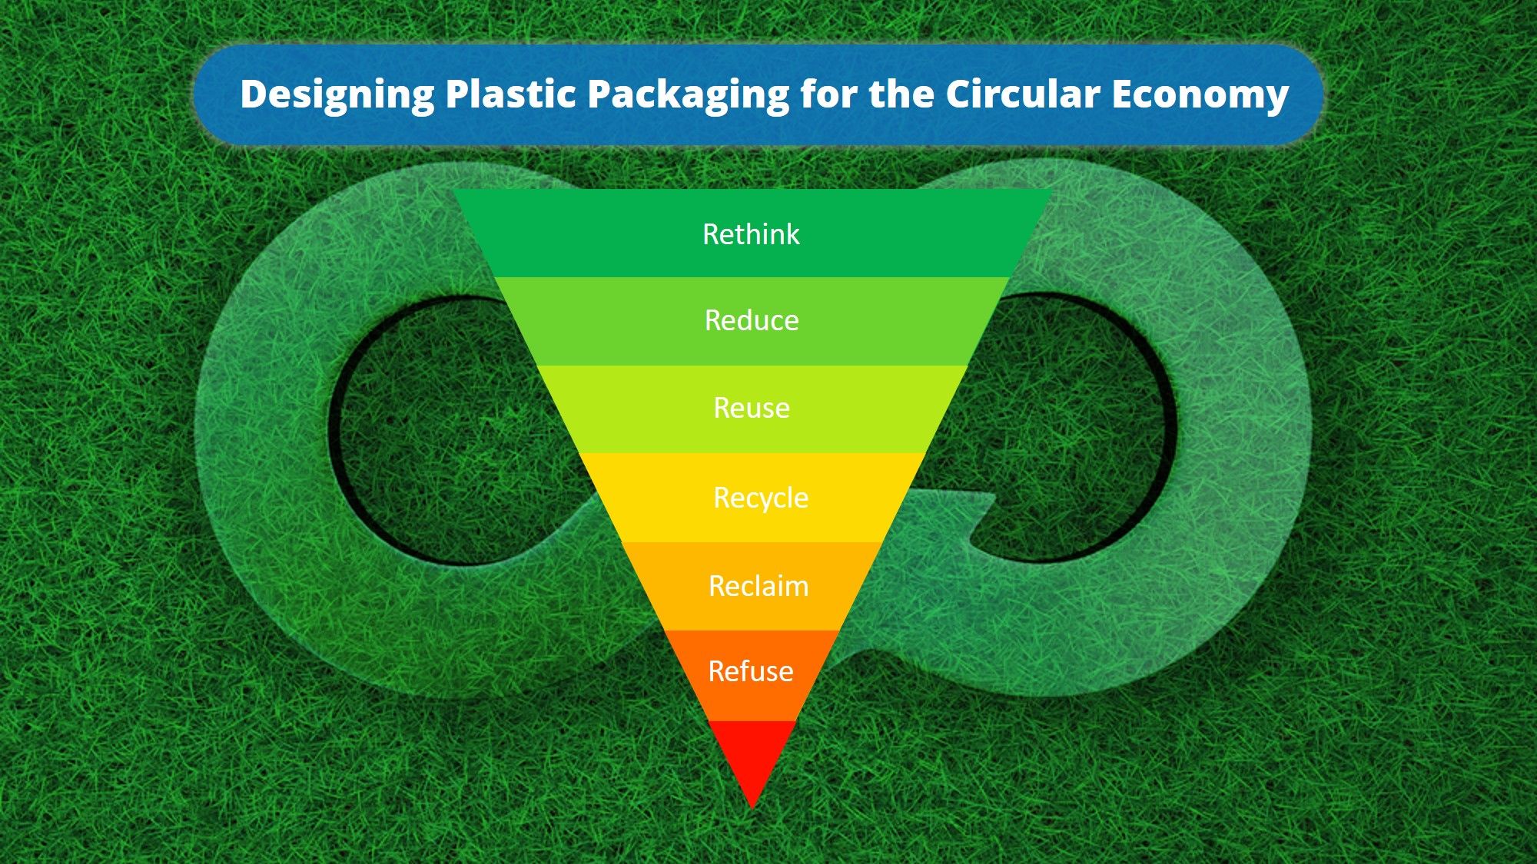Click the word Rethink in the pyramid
click(x=751, y=234)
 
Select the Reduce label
click(x=752, y=320)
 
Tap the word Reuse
click(x=752, y=408)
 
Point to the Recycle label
click(x=761, y=498)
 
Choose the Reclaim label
click(x=759, y=586)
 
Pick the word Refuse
click(x=751, y=671)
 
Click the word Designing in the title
click(x=337, y=96)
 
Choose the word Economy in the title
click(x=1200, y=96)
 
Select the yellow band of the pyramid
click(x=752, y=498)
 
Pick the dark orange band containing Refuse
click(x=751, y=676)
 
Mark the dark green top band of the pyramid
click(x=752, y=233)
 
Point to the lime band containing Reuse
click(x=752, y=409)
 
